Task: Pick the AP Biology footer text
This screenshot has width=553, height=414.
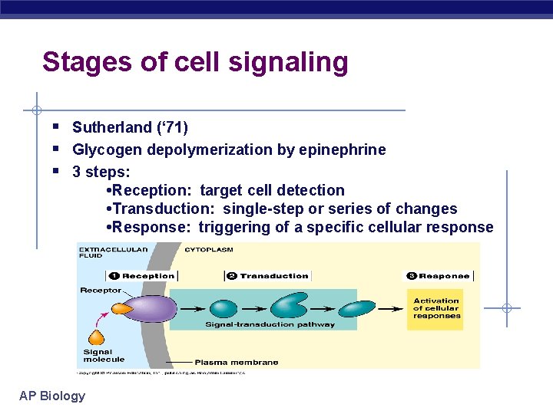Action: pyautogui.click(x=52, y=396)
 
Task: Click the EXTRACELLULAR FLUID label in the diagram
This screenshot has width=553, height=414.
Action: pyautogui.click(x=103, y=253)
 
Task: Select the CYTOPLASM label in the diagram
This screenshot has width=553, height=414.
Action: pyautogui.click(x=209, y=249)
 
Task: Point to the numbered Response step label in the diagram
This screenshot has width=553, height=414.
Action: pyautogui.click(x=438, y=276)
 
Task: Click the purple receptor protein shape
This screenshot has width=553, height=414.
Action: pyautogui.click(x=147, y=308)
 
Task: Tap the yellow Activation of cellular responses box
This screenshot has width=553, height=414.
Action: pyautogui.click(x=435, y=309)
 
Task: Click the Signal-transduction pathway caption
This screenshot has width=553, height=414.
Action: pyautogui.click(x=270, y=324)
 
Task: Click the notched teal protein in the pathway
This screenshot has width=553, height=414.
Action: pyautogui.click(x=291, y=305)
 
